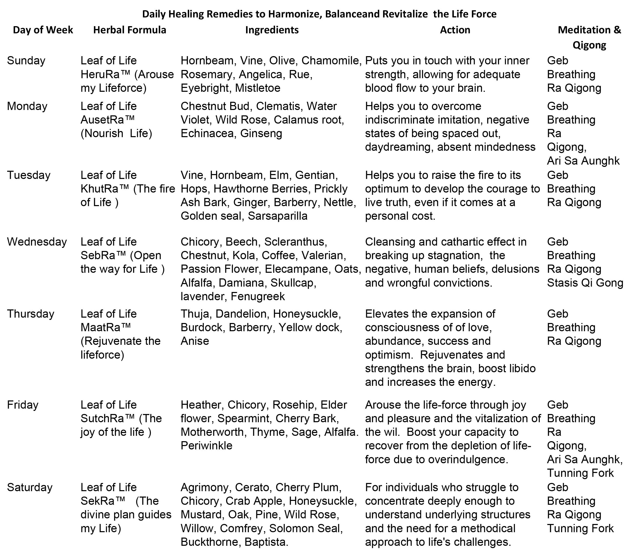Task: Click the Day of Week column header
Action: pyautogui.click(x=43, y=30)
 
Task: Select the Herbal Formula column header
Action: pyautogui.click(x=130, y=30)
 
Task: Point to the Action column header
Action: pyautogui.click(x=455, y=30)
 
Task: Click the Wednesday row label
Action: pyautogui.click(x=37, y=242)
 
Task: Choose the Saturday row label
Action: pyautogui.click(x=30, y=487)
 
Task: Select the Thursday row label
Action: pyautogui.click(x=31, y=314)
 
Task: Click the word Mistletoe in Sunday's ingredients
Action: pyautogui.click(x=258, y=88)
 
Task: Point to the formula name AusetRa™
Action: pyautogui.click(x=108, y=120)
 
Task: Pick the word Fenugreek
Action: pyautogui.click(x=258, y=296)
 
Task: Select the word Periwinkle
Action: pyautogui.click(x=206, y=446)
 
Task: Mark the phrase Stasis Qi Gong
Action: pyautogui.click(x=585, y=283)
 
